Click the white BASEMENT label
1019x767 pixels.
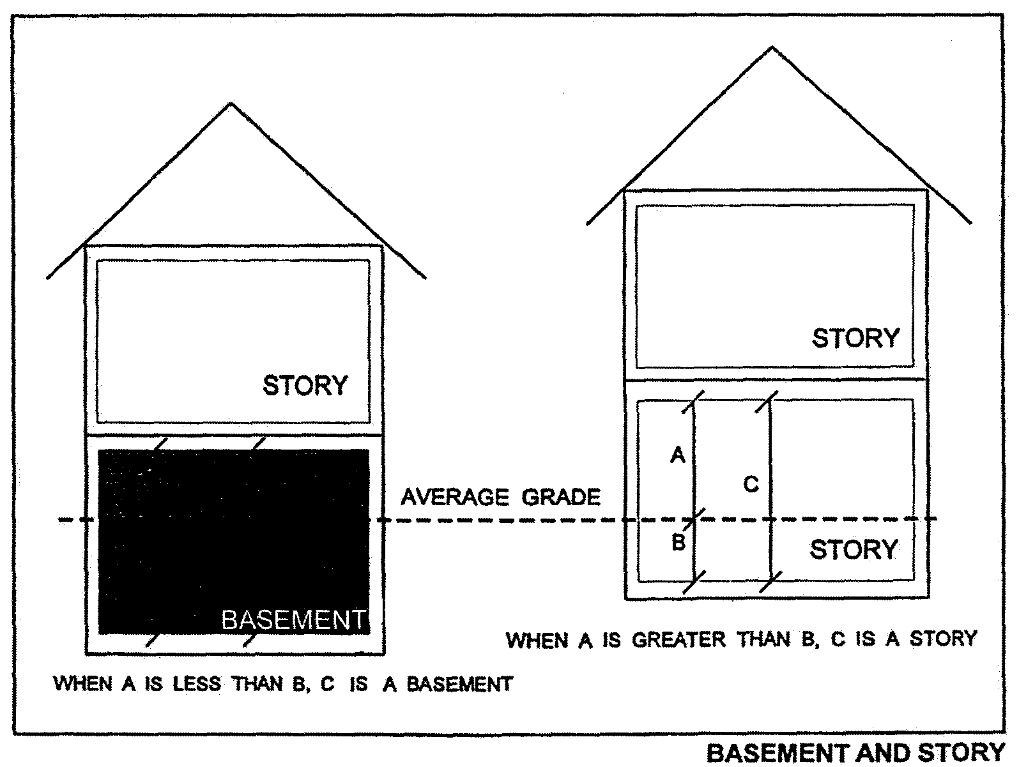294,619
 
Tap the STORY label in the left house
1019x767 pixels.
305,386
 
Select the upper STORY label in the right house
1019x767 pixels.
855,338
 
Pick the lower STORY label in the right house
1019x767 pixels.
854,549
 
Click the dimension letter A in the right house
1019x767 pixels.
677,455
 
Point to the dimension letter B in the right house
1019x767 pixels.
678,543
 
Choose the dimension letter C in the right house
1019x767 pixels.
751,485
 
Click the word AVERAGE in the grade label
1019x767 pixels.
455,497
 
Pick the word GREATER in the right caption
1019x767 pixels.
679,639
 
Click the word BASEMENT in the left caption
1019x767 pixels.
459,685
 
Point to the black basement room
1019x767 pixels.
233,543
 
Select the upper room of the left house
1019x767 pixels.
233,341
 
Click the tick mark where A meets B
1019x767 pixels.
694,519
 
